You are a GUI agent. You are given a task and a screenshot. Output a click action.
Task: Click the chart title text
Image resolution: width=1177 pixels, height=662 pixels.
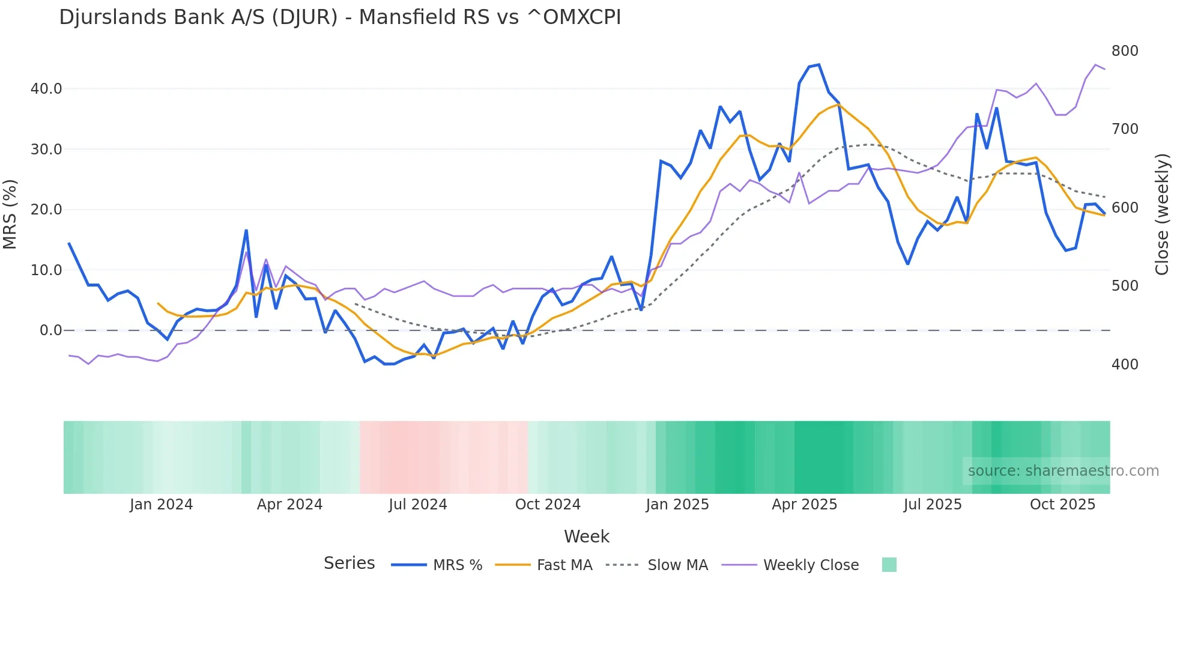coord(340,17)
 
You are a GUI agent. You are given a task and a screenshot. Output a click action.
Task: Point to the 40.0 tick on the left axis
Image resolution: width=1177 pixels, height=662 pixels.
coord(46,89)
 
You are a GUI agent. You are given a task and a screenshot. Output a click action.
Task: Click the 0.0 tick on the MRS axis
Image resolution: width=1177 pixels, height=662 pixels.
coord(51,330)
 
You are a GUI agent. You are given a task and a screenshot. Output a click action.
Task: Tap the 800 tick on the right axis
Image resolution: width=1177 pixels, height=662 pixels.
coord(1125,51)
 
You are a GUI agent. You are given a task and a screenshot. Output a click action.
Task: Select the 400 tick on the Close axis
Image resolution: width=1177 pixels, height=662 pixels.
coord(1125,365)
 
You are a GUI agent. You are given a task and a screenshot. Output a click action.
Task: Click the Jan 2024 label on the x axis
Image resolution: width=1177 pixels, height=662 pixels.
coord(161,505)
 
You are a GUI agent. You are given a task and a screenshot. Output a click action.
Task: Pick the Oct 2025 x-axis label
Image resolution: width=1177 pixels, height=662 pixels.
coord(1062,505)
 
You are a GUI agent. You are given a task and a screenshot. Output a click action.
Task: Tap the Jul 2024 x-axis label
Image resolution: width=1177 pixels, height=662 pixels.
coord(418,505)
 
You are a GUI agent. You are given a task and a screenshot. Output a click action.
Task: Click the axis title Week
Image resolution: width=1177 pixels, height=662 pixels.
coord(587,536)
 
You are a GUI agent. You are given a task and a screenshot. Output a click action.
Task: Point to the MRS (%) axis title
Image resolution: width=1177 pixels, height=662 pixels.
coord(10,214)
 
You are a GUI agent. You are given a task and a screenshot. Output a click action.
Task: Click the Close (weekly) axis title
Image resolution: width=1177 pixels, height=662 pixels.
coord(1162,214)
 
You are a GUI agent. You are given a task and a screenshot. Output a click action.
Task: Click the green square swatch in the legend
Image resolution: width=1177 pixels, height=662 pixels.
coord(889,565)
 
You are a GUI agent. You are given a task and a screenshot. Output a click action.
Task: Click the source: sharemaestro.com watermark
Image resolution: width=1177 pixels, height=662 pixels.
coord(1063,471)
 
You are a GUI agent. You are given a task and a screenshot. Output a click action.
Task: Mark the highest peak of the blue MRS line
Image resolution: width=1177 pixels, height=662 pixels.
coord(818,65)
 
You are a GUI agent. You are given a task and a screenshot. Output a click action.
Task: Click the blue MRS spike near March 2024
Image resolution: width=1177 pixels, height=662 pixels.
coord(246,231)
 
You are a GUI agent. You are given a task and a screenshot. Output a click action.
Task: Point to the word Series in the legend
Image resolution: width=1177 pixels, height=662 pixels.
coord(349,563)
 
